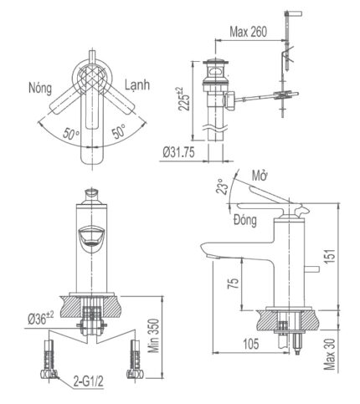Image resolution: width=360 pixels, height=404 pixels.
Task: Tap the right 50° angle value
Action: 119,132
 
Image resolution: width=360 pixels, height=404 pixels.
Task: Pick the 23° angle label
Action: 222,186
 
